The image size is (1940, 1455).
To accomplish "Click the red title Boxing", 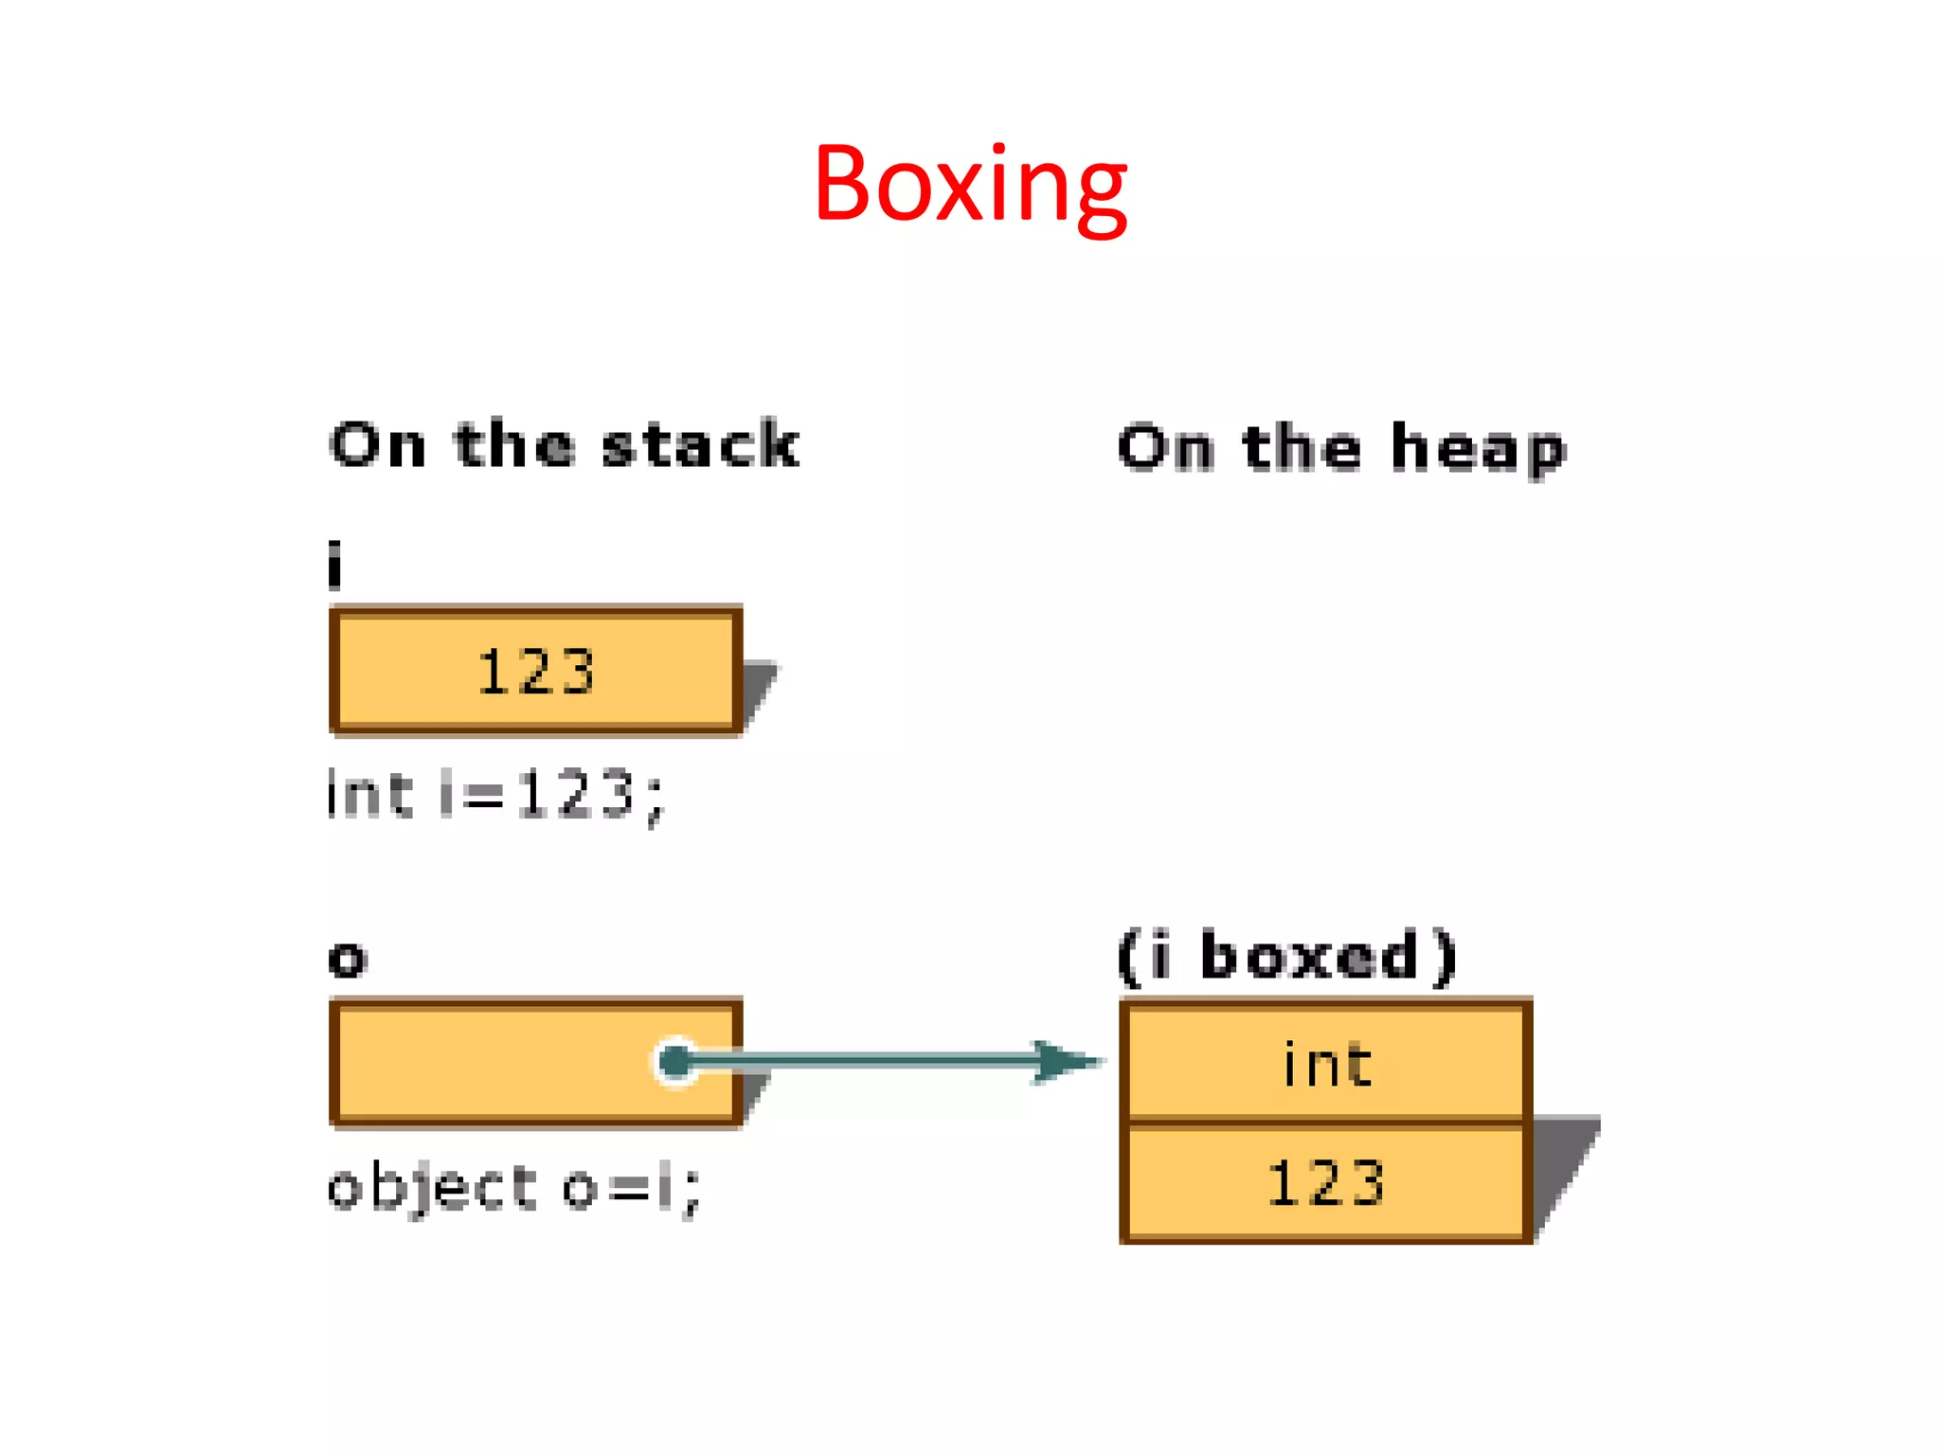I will (970, 185).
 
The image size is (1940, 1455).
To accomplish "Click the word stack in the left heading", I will (701, 445).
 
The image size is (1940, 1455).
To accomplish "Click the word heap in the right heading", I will (1478, 450).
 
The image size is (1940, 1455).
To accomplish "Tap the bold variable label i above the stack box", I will (334, 566).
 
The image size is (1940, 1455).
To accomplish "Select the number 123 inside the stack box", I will (536, 673).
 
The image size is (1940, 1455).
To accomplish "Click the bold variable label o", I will (348, 959).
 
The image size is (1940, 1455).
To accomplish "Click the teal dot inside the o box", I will (675, 1062).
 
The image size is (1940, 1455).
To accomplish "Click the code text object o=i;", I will (512, 1188).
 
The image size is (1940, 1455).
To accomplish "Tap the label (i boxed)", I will (1286, 957).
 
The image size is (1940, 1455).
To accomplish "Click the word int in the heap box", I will (1327, 1065).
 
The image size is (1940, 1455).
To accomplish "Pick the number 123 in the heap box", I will (1326, 1183).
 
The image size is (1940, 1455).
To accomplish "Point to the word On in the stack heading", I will (378, 445).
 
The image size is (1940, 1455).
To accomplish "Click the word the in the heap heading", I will (1302, 448).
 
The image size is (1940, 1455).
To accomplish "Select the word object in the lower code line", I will (432, 1188).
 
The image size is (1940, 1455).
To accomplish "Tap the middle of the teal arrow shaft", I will (862, 1061).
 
